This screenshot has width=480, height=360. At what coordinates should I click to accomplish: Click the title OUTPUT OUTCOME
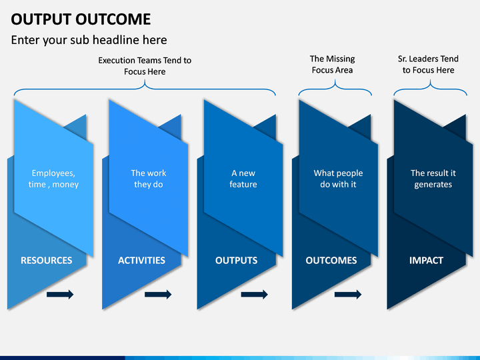click(x=81, y=19)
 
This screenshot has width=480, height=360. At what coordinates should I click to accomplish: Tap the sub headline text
click(x=89, y=40)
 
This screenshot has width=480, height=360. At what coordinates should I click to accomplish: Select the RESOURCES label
click(x=47, y=260)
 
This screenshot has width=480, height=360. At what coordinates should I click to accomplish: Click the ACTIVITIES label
click(x=141, y=260)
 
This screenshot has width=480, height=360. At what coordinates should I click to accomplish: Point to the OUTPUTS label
click(x=236, y=260)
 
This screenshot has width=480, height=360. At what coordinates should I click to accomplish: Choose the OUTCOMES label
click(x=331, y=260)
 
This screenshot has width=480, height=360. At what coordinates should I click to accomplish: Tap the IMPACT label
click(x=426, y=260)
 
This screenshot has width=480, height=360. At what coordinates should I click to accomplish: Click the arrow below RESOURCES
click(x=60, y=295)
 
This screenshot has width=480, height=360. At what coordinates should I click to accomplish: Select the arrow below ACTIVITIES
click(x=158, y=295)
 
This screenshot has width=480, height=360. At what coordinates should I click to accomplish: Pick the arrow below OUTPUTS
click(x=255, y=295)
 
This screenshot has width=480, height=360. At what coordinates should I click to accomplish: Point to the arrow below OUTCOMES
click(x=348, y=295)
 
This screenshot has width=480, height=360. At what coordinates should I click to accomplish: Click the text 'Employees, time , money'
click(x=53, y=179)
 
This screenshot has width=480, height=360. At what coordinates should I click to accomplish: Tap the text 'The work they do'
click(x=149, y=179)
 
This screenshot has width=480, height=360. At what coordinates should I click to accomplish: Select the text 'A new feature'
click(x=243, y=179)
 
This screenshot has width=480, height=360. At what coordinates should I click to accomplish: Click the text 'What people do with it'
click(x=338, y=179)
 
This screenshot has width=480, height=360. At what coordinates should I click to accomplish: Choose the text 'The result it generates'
click(x=433, y=179)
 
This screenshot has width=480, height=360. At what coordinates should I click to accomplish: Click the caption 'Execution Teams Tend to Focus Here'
click(x=145, y=66)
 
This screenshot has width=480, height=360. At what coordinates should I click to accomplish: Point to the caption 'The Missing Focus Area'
click(x=333, y=64)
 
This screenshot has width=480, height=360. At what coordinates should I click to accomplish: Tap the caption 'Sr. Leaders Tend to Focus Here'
click(x=428, y=64)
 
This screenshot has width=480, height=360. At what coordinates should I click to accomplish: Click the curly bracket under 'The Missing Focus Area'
click(x=335, y=88)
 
